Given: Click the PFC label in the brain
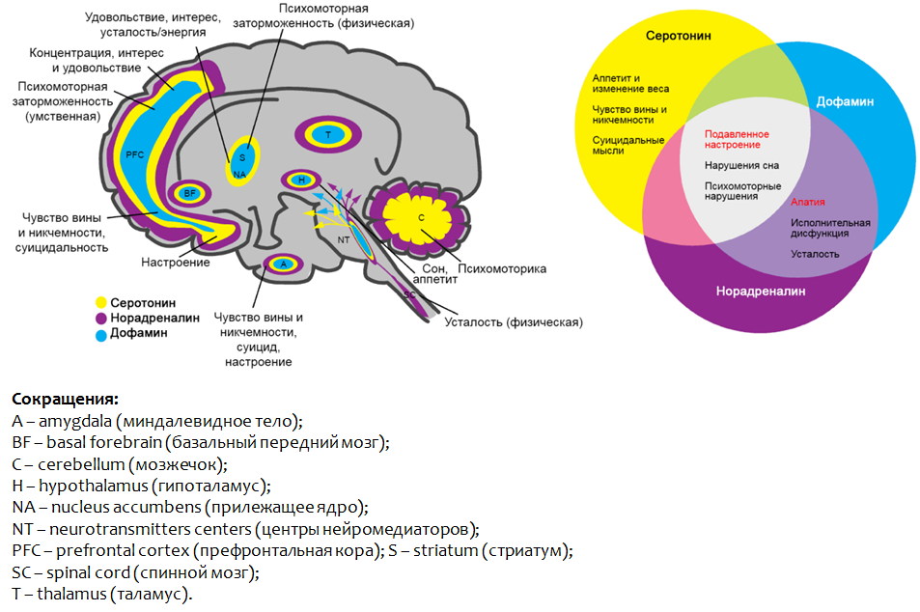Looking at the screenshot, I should click(x=133, y=153).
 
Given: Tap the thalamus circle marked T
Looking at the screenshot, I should click(x=328, y=134).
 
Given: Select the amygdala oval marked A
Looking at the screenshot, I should click(x=283, y=263).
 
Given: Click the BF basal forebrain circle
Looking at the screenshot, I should click(x=190, y=193).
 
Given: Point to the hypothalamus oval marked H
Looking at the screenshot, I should click(x=301, y=180).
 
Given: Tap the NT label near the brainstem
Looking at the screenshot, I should click(x=343, y=237).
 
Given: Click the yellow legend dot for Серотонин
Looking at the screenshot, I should click(x=101, y=302).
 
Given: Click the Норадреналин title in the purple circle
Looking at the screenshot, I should click(x=761, y=291).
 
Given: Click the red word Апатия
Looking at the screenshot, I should click(x=807, y=203).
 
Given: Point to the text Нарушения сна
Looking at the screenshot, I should click(x=741, y=165).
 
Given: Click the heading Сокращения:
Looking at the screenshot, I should click(x=65, y=399).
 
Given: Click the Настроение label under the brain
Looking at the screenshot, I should click(x=176, y=263).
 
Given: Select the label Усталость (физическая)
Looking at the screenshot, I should click(x=513, y=322).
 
